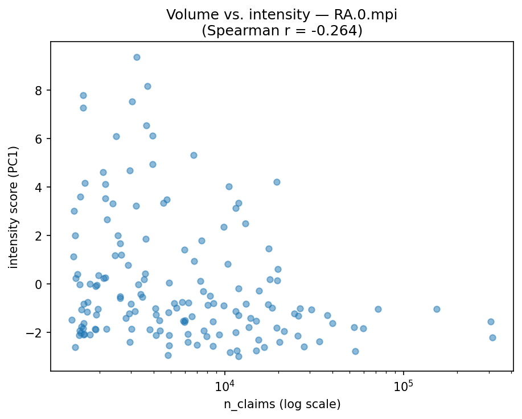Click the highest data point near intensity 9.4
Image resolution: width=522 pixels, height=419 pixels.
137,57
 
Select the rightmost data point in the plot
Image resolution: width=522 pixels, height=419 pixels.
492,337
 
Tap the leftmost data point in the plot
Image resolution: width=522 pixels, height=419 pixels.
72,320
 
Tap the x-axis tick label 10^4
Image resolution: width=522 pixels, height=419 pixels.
224,386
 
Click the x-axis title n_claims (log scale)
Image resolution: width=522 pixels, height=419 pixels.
281,404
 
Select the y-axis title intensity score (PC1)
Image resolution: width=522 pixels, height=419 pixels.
14,207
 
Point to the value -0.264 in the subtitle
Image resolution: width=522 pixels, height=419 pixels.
333,30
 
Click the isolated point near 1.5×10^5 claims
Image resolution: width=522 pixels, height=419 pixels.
437,309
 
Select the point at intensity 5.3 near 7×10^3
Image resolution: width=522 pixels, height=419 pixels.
194,155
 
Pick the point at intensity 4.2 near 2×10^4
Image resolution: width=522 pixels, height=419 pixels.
277,182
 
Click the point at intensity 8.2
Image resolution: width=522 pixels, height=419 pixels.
147,86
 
